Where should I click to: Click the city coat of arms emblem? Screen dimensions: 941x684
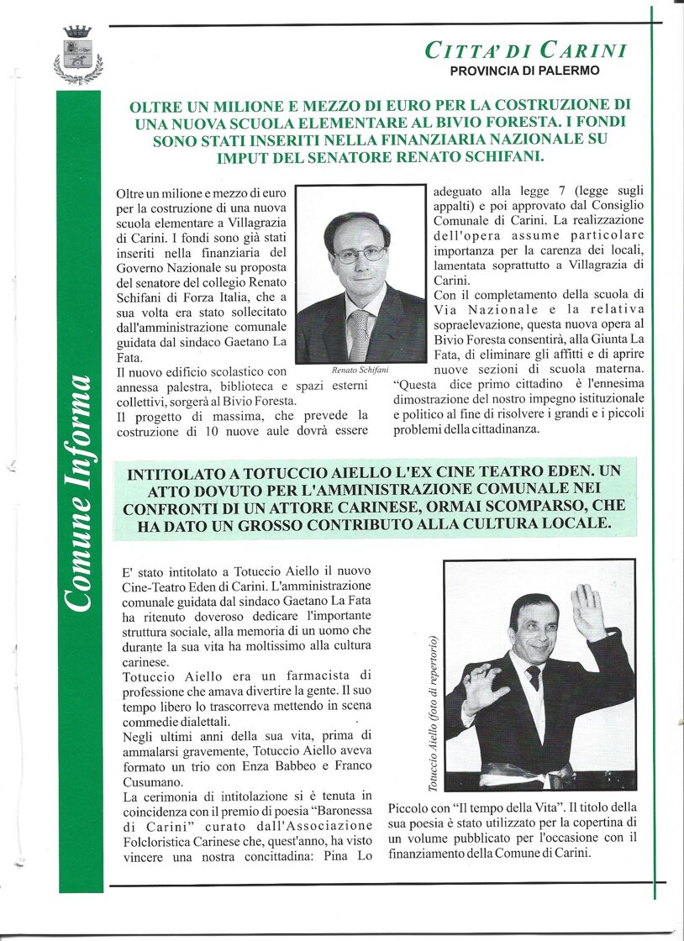click(x=77, y=55)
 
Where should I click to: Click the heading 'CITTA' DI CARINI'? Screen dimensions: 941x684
click(x=526, y=50)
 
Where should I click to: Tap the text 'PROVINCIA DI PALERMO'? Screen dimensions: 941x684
click(x=524, y=71)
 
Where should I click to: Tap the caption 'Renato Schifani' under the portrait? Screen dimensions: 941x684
click(x=360, y=370)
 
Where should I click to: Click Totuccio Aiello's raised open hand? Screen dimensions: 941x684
click(x=587, y=612)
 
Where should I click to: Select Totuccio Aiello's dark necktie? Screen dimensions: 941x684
click(x=534, y=678)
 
